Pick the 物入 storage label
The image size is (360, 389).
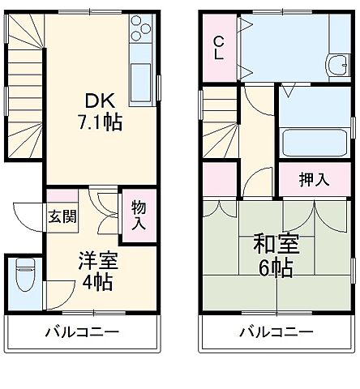[139, 216]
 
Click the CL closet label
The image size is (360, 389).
[219, 50]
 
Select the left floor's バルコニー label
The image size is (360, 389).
[82, 332]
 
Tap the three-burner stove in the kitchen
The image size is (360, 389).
[139, 30]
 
